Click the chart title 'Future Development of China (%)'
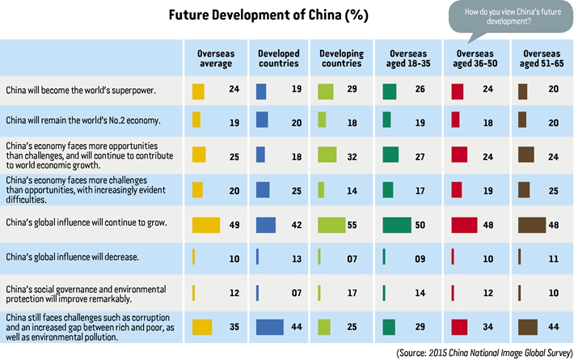pyautogui.click(x=268, y=15)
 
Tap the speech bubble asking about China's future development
pyautogui.click(x=511, y=19)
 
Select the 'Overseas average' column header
pyautogui.click(x=216, y=58)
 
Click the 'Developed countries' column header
pyautogui.click(x=279, y=58)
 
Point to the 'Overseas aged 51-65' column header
pyautogui.click(x=542, y=58)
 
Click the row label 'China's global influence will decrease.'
pyautogui.click(x=72, y=256)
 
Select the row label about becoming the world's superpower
pyautogui.click(x=81, y=90)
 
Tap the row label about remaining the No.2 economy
pyautogui.click(x=83, y=121)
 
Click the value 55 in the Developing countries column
pyautogui.click(x=352, y=225)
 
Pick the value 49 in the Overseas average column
pyautogui.click(x=234, y=225)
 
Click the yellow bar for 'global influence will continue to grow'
pyautogui.click(x=206, y=225)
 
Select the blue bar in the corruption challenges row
pyautogui.click(x=270, y=327)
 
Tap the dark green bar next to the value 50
pyautogui.click(x=397, y=225)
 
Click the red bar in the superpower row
pyautogui.click(x=458, y=91)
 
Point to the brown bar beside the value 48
pyautogui.click(x=532, y=225)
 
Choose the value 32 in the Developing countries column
pyautogui.click(x=352, y=157)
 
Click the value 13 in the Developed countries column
pyautogui.click(x=297, y=259)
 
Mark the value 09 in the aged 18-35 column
pyautogui.click(x=420, y=259)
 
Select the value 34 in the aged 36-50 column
pyautogui.click(x=488, y=327)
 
